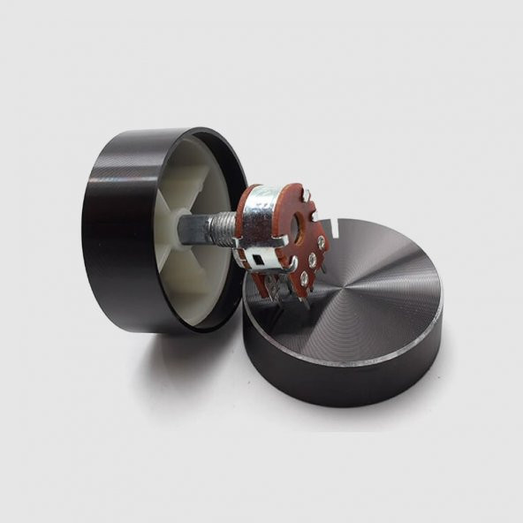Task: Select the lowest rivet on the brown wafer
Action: pos(304,279)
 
